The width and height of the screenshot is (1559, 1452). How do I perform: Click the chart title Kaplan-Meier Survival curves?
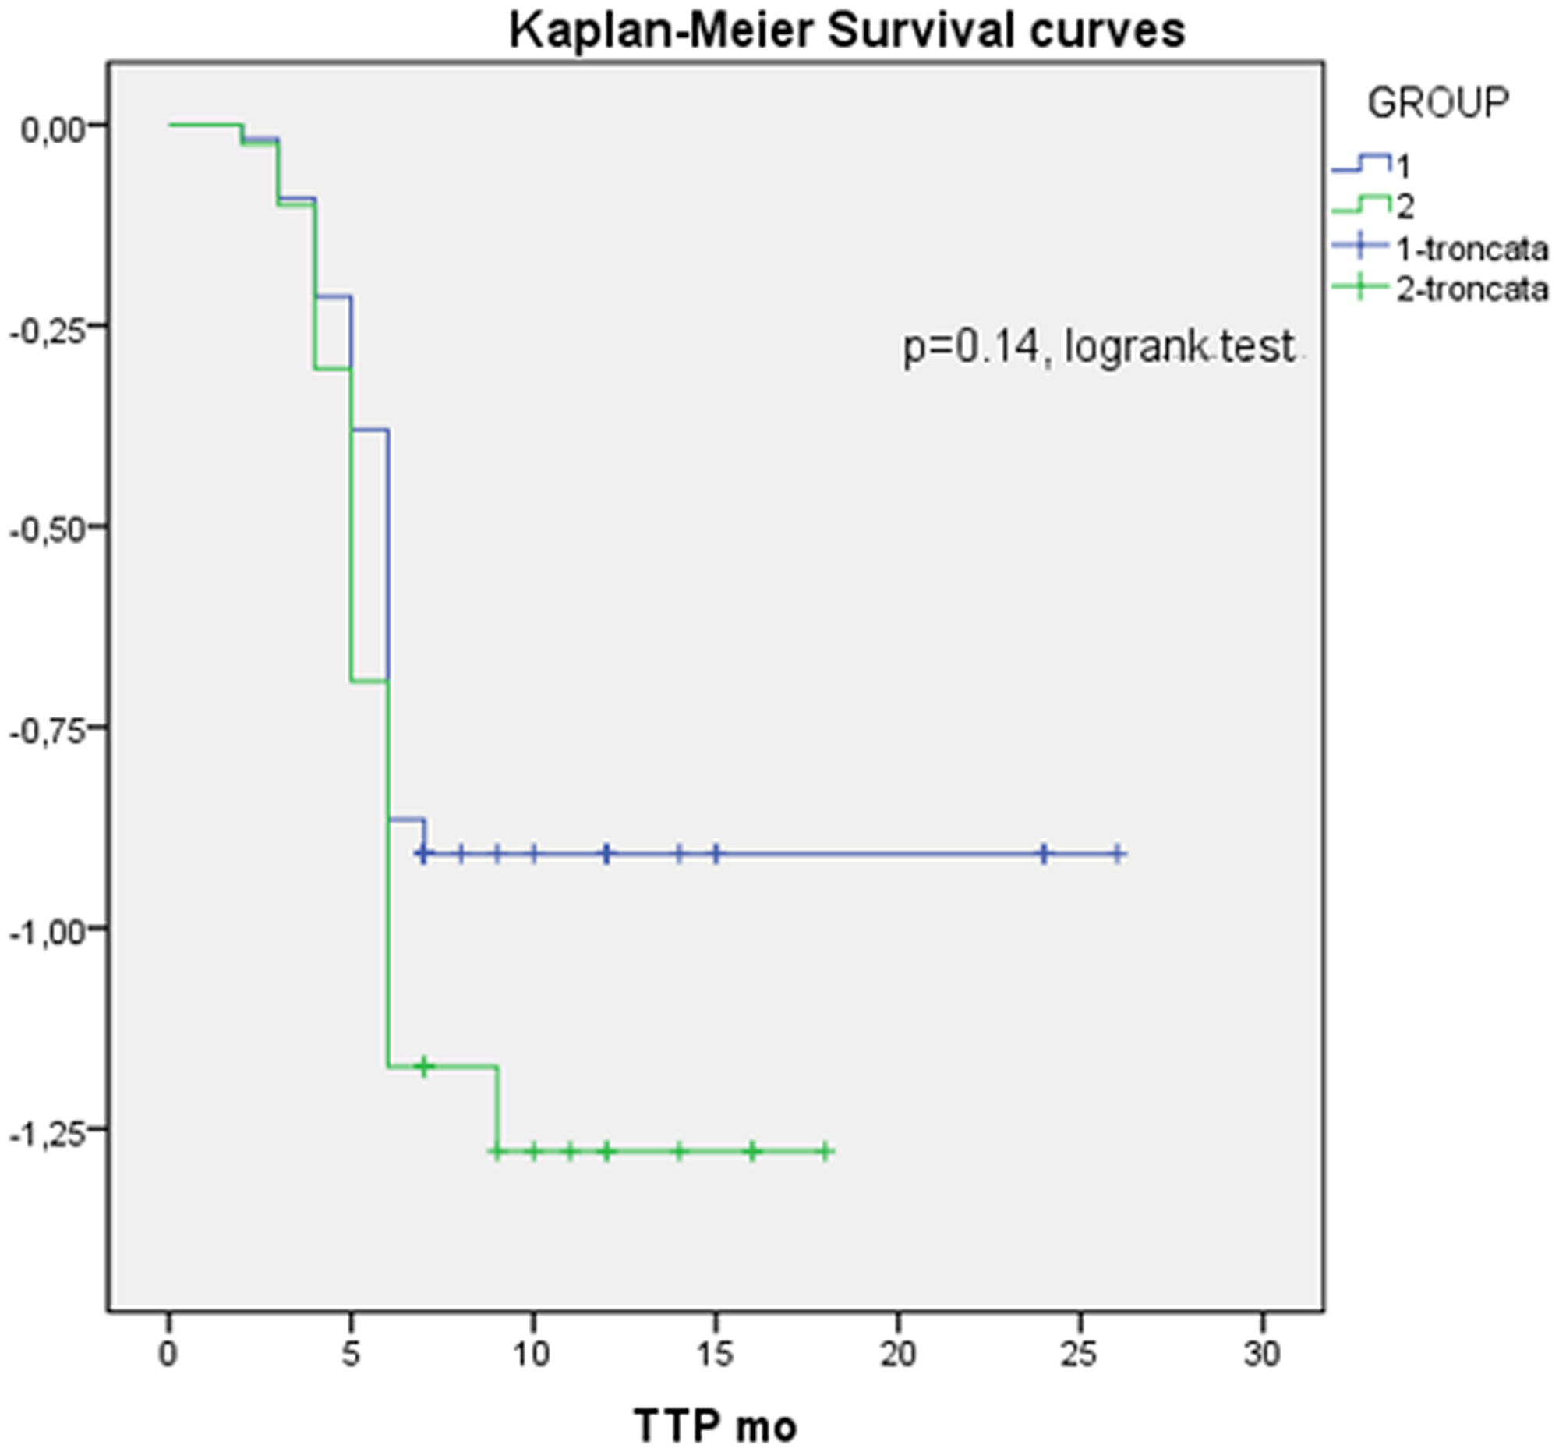click(x=847, y=31)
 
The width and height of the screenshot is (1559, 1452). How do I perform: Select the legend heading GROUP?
click(x=1438, y=103)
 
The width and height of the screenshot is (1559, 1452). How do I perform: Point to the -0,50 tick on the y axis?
click(x=47, y=529)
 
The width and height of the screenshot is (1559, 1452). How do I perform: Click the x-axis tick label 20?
click(x=897, y=1354)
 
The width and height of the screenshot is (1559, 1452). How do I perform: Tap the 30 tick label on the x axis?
click(x=1262, y=1354)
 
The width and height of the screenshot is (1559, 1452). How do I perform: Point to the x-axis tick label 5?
click(x=352, y=1354)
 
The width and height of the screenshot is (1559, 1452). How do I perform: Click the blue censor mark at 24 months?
click(x=1044, y=854)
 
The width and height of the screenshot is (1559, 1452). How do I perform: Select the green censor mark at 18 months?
click(x=825, y=1152)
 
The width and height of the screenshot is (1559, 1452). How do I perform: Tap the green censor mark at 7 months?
click(x=424, y=1066)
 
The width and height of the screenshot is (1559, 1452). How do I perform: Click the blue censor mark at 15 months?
click(x=716, y=854)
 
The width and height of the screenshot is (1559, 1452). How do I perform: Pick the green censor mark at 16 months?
click(x=752, y=1152)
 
